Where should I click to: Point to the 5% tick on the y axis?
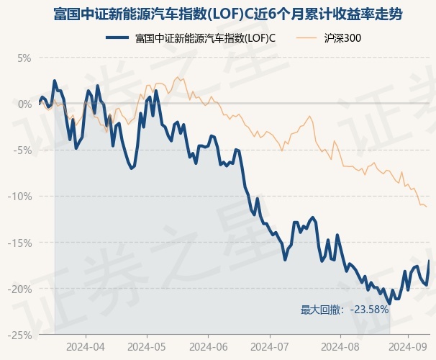pyautogui.click(x=25, y=58)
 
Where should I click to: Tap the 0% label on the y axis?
pyautogui.click(x=25, y=104)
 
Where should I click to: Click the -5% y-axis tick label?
pyautogui.click(x=24, y=150)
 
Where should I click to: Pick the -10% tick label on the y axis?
pyautogui.click(x=22, y=196)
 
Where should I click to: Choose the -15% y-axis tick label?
pyautogui.click(x=22, y=243)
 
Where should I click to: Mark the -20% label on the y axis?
pyautogui.click(x=22, y=289)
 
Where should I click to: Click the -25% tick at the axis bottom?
pyautogui.click(x=22, y=335)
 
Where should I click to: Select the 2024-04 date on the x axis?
pyautogui.click(x=85, y=346)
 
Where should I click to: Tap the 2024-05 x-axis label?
pyautogui.click(x=147, y=346)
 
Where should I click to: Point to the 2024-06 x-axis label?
pyautogui.click(x=208, y=346)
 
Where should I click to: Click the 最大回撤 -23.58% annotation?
pyautogui.click(x=345, y=310)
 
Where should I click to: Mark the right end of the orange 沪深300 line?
pyautogui.click(x=427, y=207)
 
